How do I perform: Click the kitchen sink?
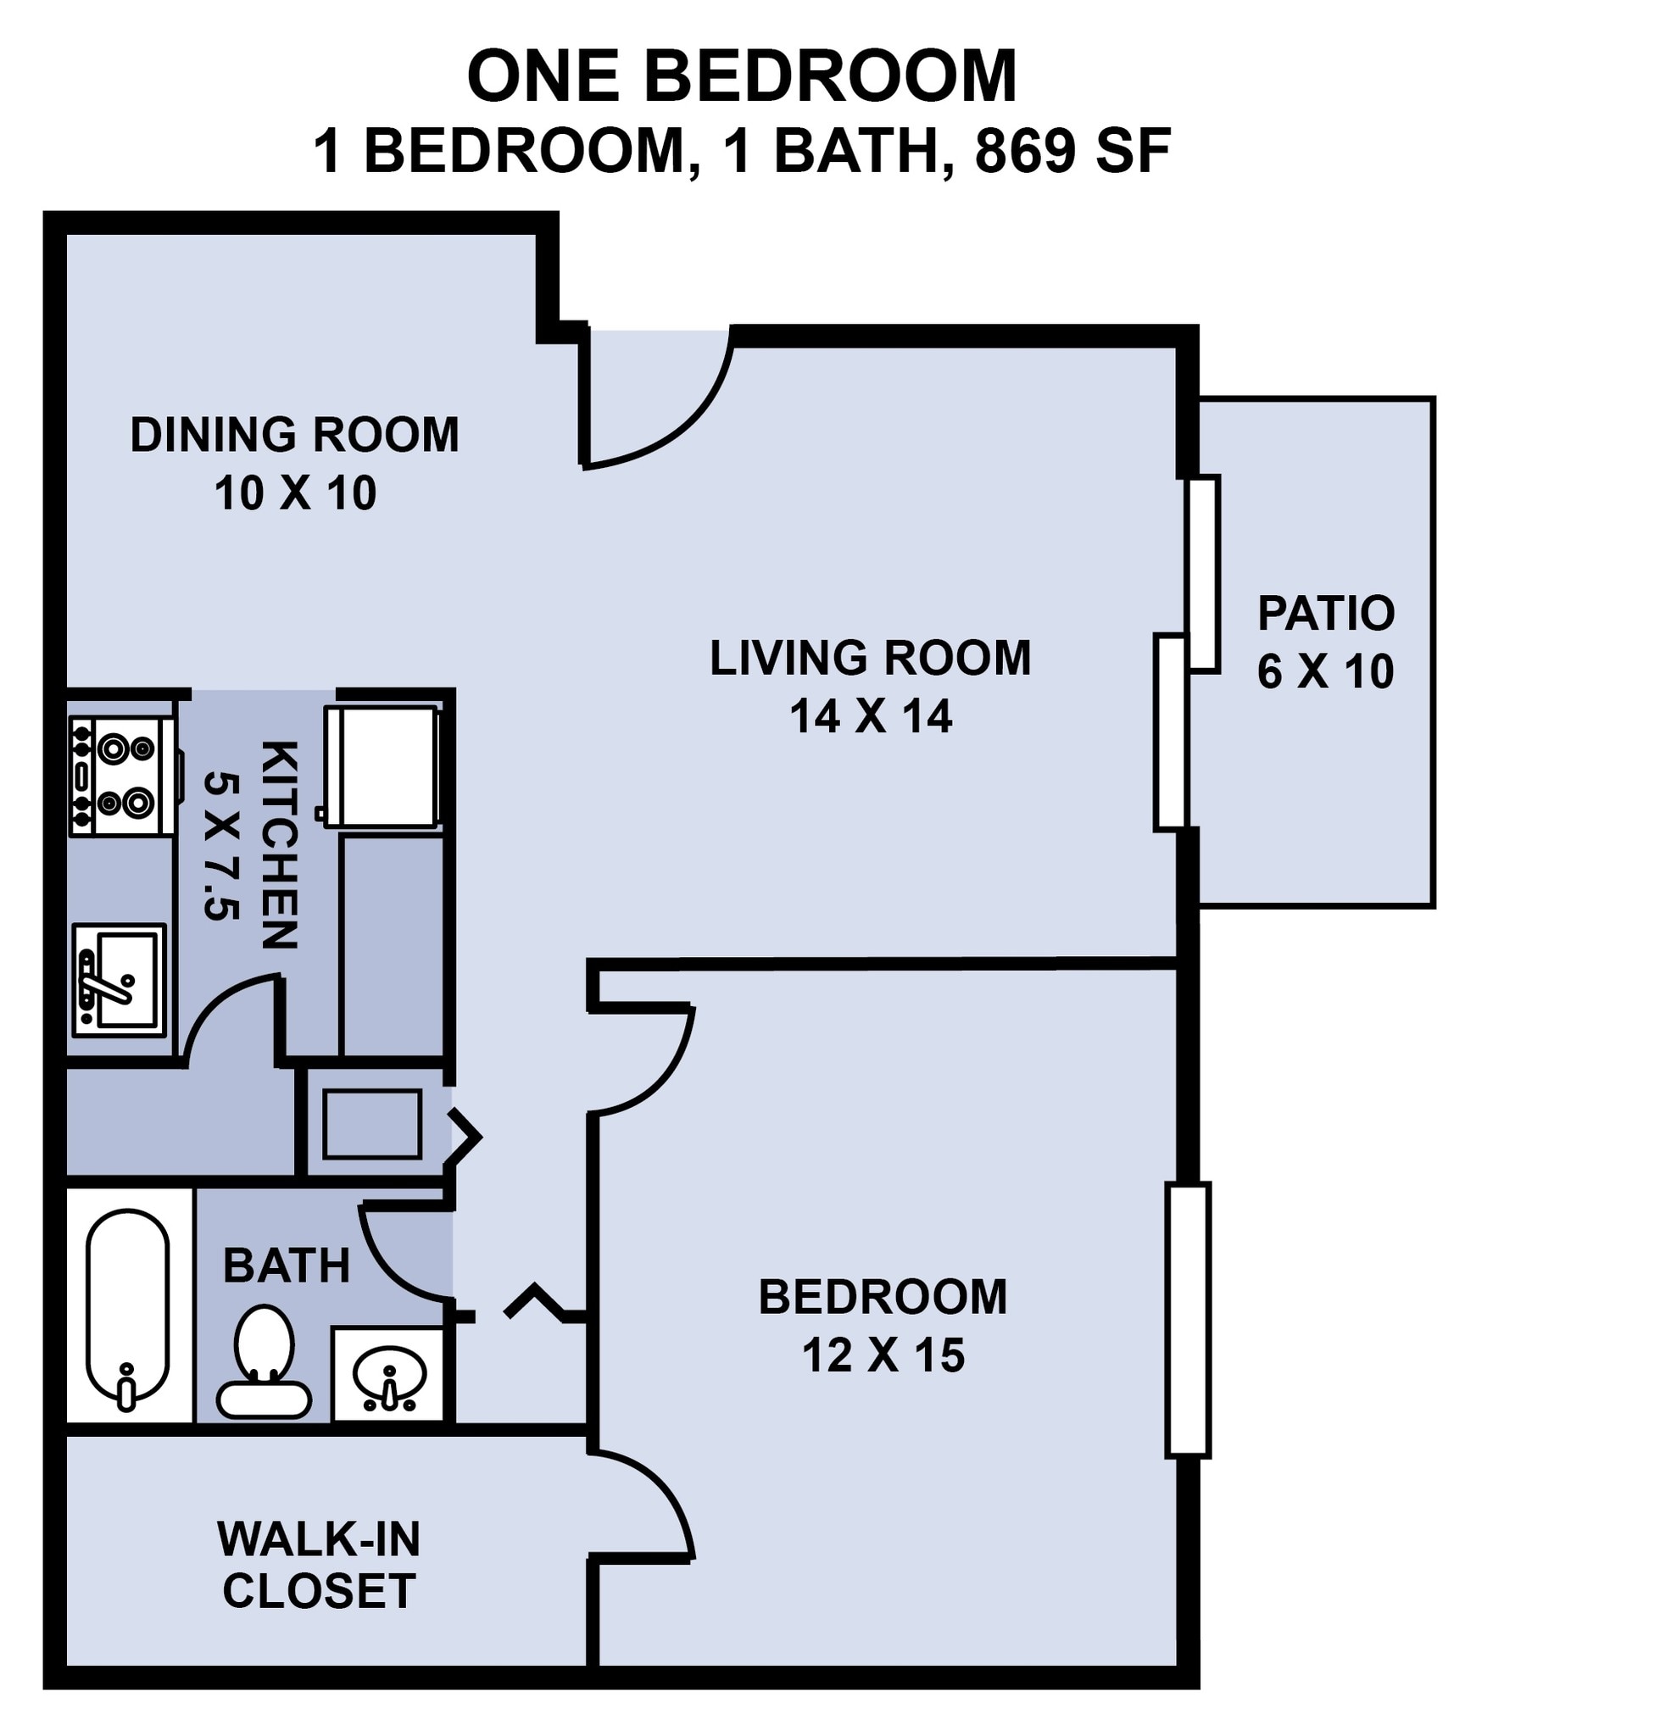(119, 981)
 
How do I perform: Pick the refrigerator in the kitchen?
(382, 766)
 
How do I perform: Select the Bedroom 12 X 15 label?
(883, 1325)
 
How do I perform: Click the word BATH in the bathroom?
(286, 1266)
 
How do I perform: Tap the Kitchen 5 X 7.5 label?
(250, 845)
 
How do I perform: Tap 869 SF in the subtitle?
(1072, 150)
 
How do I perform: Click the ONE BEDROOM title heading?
(742, 77)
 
